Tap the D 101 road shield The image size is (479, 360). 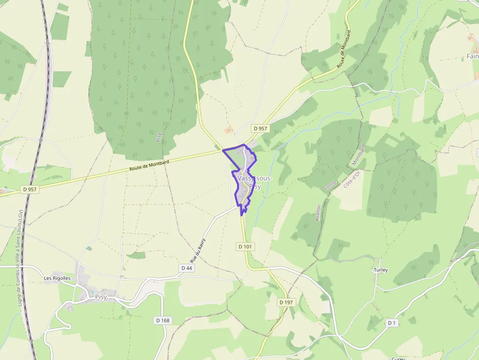tap(245, 247)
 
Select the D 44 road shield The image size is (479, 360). tap(187, 268)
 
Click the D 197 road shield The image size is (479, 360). tap(286, 302)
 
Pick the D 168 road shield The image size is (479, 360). tap(163, 320)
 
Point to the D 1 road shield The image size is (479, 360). tap(392, 323)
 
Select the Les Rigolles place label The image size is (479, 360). tap(57, 278)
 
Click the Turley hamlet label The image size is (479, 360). tap(380, 270)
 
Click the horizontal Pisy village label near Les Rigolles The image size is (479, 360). tap(101, 297)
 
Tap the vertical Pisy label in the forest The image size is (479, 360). tap(158, 137)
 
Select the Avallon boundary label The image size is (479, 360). tap(318, 212)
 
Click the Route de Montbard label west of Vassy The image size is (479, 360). tap(150, 166)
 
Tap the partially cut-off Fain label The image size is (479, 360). tap(472, 57)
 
